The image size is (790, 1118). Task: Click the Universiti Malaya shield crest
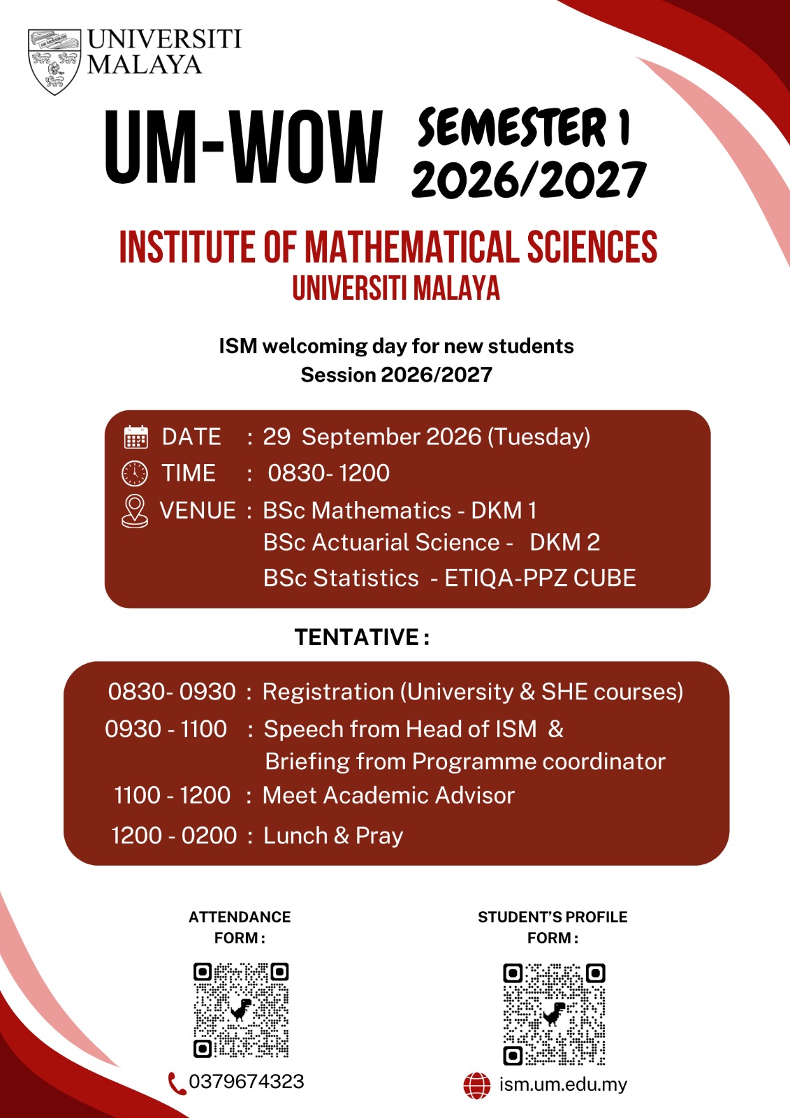tap(54, 61)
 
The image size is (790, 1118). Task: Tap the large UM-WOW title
tap(244, 147)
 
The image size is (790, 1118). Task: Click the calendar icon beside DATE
tap(136, 437)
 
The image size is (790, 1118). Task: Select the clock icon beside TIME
tap(135, 473)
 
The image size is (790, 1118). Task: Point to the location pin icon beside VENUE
tap(135, 511)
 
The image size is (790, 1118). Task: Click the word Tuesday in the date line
tap(539, 437)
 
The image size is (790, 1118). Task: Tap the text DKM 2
tap(564, 542)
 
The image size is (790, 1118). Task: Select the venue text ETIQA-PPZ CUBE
tap(540, 578)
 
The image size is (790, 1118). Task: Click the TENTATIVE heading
tap(362, 637)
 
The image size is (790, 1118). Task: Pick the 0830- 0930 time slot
tap(172, 692)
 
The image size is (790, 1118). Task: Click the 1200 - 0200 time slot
tap(174, 836)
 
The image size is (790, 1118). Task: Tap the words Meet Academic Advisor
tap(388, 795)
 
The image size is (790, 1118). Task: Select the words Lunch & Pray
tap(333, 836)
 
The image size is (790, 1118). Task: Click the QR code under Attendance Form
tap(241, 1010)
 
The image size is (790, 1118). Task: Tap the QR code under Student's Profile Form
tap(554, 1015)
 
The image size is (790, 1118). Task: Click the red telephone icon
tap(177, 1083)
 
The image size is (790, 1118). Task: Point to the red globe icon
tap(476, 1086)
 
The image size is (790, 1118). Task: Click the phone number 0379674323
tap(247, 1082)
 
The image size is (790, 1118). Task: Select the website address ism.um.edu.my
tap(563, 1084)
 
